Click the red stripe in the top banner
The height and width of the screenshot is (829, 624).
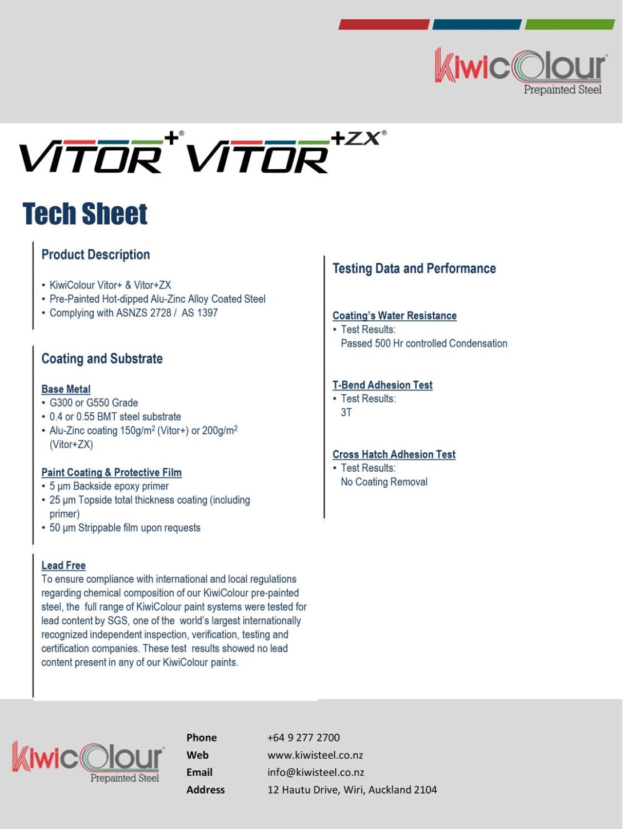(383, 25)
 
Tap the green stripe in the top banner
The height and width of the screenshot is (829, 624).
(569, 25)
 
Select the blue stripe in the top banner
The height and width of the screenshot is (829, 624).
(477, 25)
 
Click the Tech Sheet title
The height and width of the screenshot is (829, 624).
(85, 214)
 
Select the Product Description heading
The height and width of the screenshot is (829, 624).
(95, 254)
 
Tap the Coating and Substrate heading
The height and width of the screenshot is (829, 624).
(102, 358)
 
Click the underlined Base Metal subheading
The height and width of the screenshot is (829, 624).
(66, 389)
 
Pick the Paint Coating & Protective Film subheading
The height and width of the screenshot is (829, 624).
(111, 472)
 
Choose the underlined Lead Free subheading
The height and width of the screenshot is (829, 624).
(63, 565)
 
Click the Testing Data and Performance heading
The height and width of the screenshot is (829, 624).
(414, 268)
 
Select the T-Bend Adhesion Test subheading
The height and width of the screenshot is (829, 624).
(382, 385)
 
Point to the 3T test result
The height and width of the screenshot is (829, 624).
(346, 412)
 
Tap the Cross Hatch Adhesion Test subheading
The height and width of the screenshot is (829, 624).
(394, 454)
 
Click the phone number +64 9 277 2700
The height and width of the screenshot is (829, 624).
(303, 738)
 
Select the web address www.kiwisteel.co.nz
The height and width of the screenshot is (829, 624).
(315, 755)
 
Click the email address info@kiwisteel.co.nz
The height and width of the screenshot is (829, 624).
(315, 772)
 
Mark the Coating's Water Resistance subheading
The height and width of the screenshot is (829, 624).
(394, 316)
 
